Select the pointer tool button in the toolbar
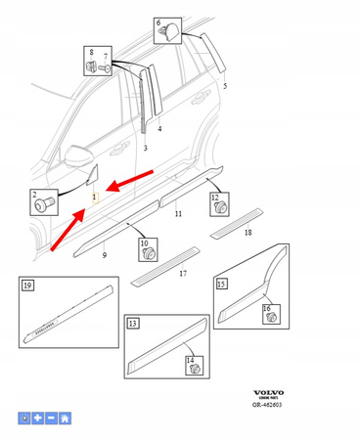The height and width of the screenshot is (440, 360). [25, 418]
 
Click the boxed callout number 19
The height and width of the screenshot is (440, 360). [27, 285]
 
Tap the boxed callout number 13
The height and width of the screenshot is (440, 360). [132, 323]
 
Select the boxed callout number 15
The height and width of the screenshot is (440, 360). [221, 285]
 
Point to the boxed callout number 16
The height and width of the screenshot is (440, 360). [266, 309]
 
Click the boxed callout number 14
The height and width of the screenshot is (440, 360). [190, 360]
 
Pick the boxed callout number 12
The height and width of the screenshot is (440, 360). [215, 198]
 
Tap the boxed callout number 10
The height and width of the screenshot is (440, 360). [143, 242]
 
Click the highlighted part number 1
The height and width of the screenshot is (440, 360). [95, 198]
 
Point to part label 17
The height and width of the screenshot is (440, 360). [182, 274]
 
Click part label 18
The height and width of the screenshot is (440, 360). [248, 234]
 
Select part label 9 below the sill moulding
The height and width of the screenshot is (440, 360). [104, 255]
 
